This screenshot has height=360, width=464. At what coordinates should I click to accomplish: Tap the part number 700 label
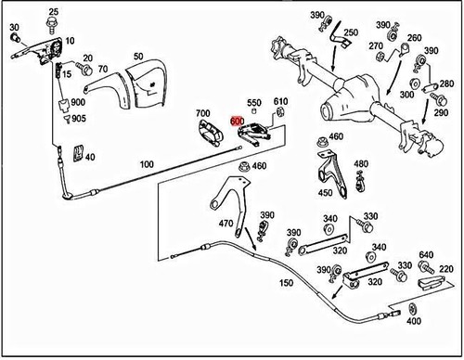pos(203,114)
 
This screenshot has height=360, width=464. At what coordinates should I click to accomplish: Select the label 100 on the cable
pos(146,163)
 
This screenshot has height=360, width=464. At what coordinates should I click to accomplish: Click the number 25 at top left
pos(52,10)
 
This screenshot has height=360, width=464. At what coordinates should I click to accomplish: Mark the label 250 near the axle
pos(350,33)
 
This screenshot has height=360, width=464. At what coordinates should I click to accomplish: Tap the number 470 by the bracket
pos(225,224)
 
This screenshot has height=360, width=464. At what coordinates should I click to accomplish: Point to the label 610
pos(281,101)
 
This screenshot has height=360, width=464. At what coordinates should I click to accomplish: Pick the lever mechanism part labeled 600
pos(256,135)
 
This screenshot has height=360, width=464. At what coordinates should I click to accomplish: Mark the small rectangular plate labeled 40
pos(78,152)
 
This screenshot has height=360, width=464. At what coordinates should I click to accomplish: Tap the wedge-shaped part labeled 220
pos(431,282)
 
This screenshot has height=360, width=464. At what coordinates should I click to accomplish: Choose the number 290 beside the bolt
pos(445,111)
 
